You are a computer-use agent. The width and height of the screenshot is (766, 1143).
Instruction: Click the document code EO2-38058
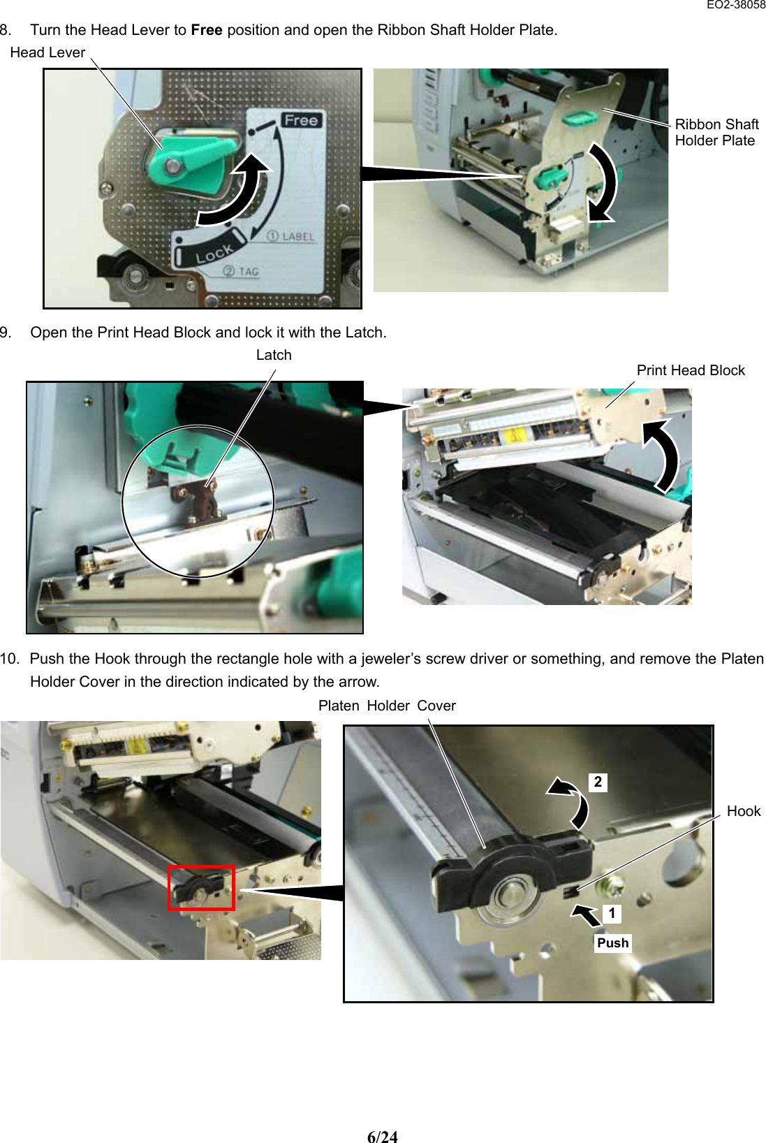point(735,5)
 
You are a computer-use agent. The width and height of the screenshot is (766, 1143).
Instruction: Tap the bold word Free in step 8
point(207,30)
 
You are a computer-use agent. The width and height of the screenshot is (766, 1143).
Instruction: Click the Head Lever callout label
point(47,52)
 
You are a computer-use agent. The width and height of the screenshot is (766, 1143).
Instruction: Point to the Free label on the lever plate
point(301,120)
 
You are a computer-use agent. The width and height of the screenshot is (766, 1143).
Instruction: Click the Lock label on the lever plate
point(213,256)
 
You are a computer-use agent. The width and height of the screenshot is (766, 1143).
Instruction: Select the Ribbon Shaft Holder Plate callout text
point(716,132)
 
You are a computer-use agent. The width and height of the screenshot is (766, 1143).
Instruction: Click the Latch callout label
point(274,355)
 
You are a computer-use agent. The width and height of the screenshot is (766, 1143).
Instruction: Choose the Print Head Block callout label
point(690,370)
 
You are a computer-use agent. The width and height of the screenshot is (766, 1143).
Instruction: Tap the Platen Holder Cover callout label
point(387,706)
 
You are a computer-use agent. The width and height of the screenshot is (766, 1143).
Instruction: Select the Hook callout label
point(743,811)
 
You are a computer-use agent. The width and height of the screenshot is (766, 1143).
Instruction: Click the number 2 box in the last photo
point(598,782)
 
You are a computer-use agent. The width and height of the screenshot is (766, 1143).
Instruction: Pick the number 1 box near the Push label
point(612,913)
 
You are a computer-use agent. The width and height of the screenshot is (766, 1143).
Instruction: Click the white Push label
point(612,943)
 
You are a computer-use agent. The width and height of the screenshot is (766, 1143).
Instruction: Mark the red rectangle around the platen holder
point(201,887)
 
